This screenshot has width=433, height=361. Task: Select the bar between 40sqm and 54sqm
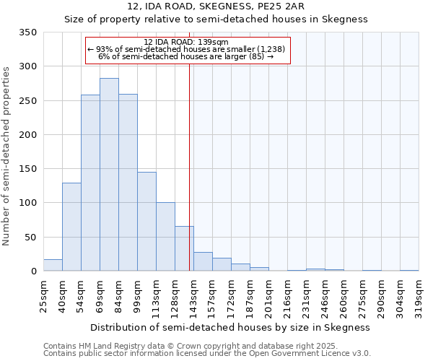(71, 227)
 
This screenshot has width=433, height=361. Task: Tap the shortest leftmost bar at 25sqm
(53, 265)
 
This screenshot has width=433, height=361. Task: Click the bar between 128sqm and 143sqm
(184, 248)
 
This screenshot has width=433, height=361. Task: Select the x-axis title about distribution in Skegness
(231, 327)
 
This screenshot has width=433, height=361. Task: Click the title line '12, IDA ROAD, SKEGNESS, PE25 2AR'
(216, 6)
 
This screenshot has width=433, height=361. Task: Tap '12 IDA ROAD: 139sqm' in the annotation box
(186, 42)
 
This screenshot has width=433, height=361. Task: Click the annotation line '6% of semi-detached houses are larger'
(186, 56)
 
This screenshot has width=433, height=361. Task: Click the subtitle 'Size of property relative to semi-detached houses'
(216, 19)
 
